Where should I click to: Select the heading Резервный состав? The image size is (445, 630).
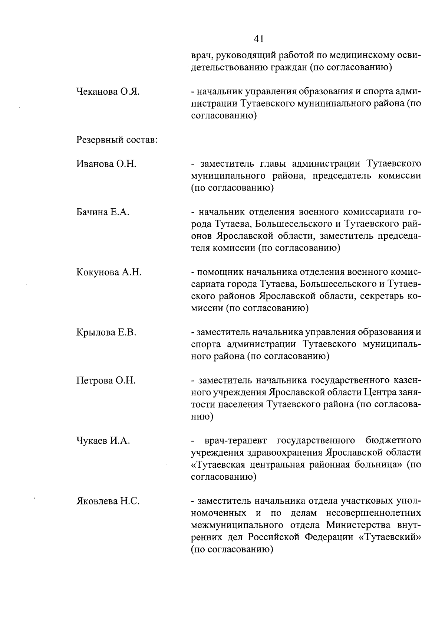pyautogui.click(x=116, y=140)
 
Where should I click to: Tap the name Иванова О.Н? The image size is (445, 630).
pyautogui.click(x=106, y=164)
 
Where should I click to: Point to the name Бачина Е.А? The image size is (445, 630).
pyautogui.click(x=103, y=212)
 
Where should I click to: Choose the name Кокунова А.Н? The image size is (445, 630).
pyautogui.click(x=109, y=272)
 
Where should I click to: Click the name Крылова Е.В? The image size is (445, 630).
pyautogui.click(x=106, y=332)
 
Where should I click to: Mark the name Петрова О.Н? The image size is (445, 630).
pyautogui.click(x=106, y=381)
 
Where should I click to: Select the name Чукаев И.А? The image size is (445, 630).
pyautogui.click(x=103, y=441)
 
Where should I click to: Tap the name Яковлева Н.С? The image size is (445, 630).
pyautogui.click(x=108, y=501)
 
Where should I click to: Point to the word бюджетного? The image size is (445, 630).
pyautogui.click(x=393, y=441)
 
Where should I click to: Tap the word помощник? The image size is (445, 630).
pyautogui.click(x=220, y=272)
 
